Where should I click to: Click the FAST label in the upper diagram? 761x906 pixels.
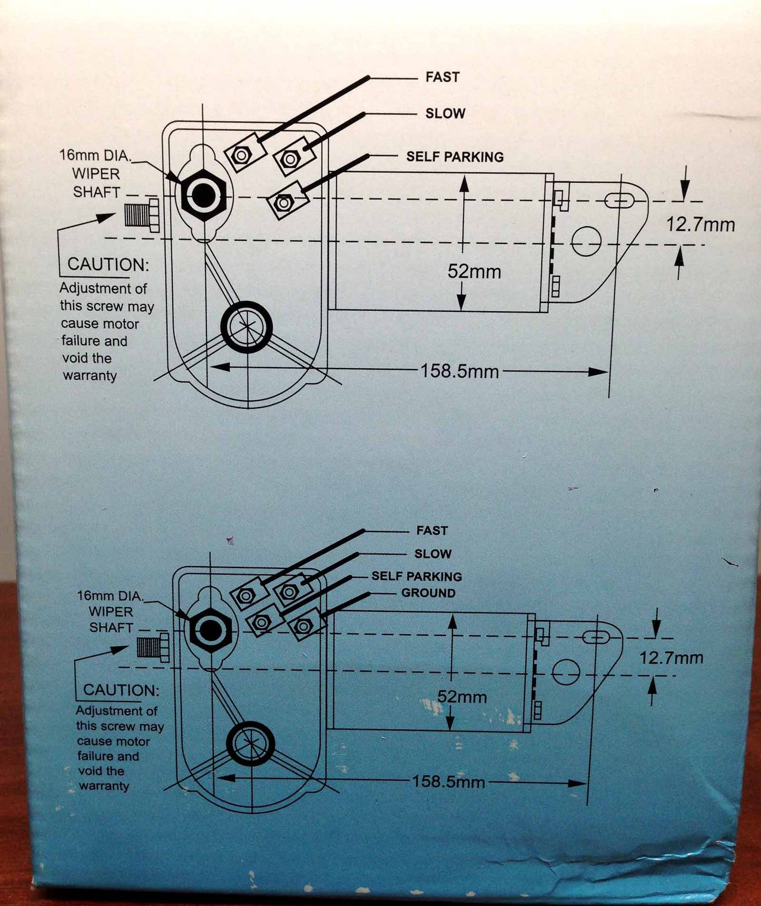[x=442, y=77]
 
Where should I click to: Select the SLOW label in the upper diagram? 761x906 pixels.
[x=445, y=113]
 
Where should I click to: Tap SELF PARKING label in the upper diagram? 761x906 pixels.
[x=454, y=156]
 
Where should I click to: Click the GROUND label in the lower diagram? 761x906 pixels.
[x=428, y=593]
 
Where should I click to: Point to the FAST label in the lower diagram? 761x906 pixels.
[x=432, y=530]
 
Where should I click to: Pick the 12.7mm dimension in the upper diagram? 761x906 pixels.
[x=700, y=225]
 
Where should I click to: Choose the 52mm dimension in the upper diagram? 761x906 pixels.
[x=474, y=271]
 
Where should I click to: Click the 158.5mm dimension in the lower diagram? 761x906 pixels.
[x=448, y=781]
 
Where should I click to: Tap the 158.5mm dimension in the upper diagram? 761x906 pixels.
[x=459, y=371]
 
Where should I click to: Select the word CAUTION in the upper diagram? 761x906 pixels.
[x=108, y=264]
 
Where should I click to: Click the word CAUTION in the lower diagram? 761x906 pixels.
[x=121, y=690]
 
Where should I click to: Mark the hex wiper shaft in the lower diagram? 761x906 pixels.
[x=211, y=631]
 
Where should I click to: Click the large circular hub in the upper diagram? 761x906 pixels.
[x=246, y=327]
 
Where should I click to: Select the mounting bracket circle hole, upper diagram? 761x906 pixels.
[x=586, y=241]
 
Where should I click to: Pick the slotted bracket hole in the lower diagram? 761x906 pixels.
[x=596, y=638]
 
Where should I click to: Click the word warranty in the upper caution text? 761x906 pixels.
[x=90, y=376]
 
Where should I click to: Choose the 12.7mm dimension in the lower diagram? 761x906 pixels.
[x=671, y=658]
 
